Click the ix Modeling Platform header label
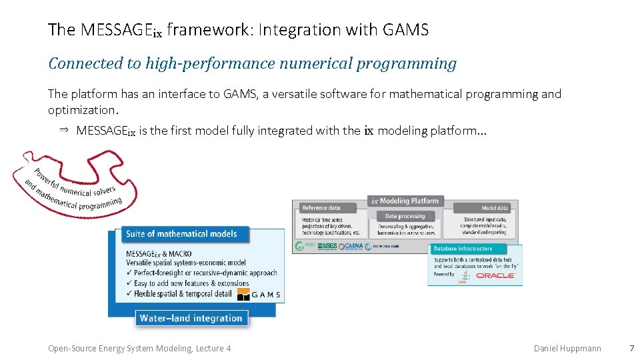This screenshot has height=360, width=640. click(405, 201)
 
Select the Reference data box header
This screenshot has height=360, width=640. click(321, 208)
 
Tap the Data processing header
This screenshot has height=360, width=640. click(405, 216)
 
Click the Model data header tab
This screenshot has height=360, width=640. click(494, 208)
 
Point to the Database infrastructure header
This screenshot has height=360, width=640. click(463, 249)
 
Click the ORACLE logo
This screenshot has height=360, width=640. click(495, 275)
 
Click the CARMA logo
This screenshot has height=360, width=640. click(351, 246)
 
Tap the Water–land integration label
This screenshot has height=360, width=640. click(191, 318)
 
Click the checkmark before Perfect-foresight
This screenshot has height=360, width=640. click(129, 273)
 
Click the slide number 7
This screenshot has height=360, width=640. click(631, 348)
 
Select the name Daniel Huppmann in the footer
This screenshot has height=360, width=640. click(567, 348)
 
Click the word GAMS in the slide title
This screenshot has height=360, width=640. click(405, 29)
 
